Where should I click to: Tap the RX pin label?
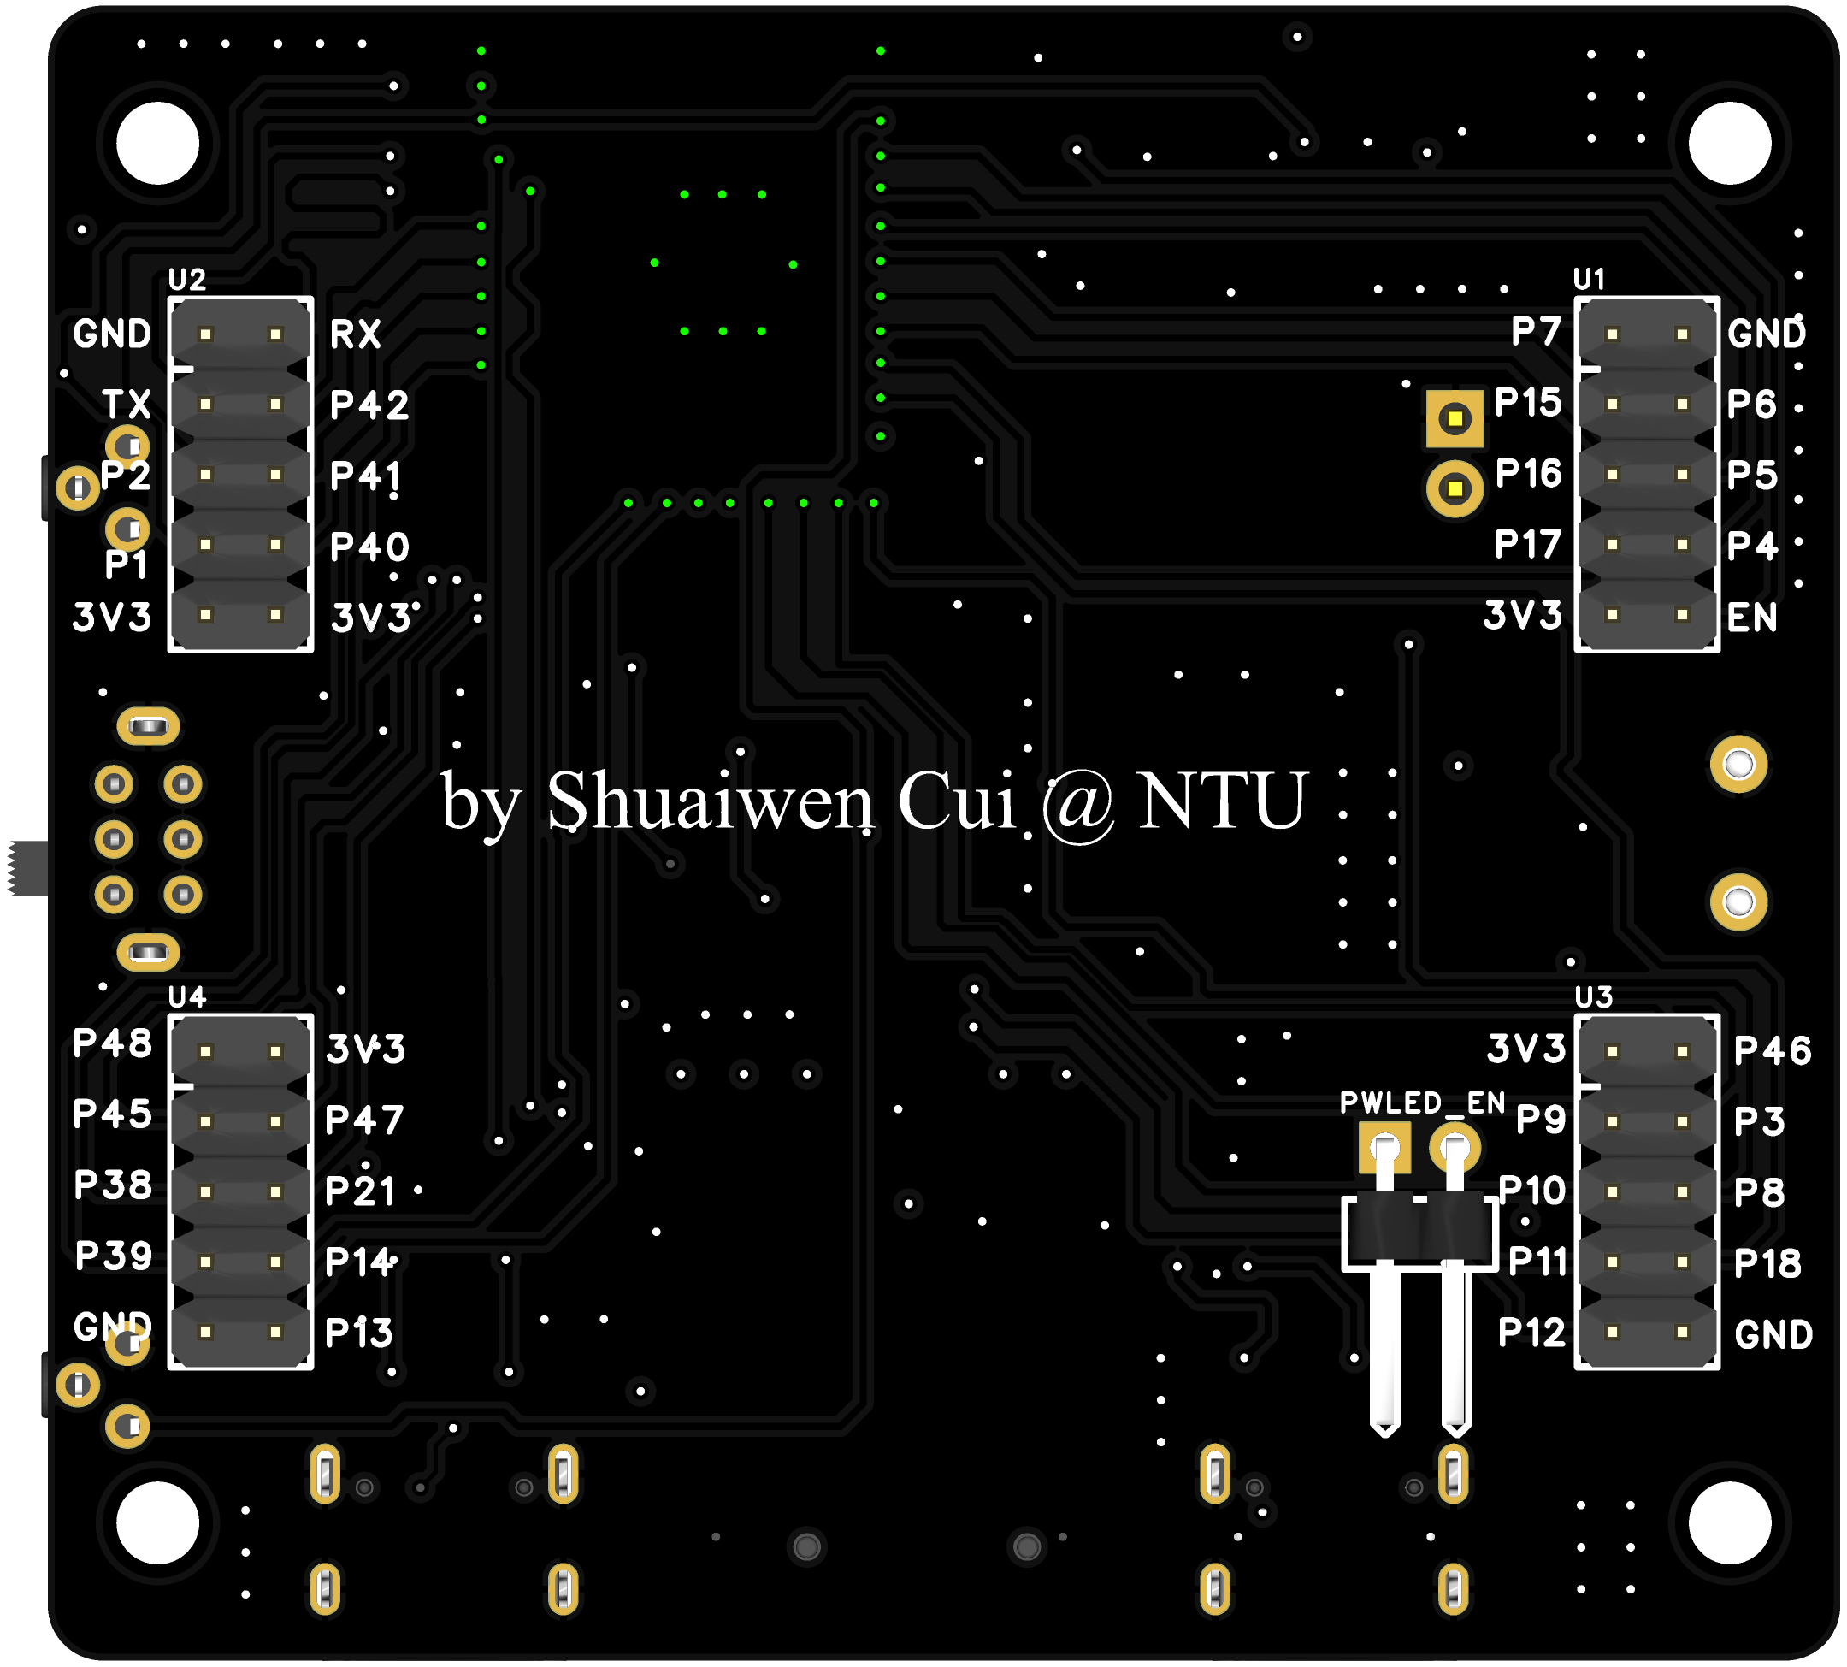click(x=356, y=334)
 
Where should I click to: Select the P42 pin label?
click(x=369, y=405)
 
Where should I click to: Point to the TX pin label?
click(x=127, y=404)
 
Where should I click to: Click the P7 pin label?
click(x=1536, y=332)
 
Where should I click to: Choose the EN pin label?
click(x=1752, y=618)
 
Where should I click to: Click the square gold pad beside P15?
click(x=1455, y=419)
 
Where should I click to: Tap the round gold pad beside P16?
click(x=1455, y=488)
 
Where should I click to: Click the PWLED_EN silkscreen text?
click(x=1422, y=1102)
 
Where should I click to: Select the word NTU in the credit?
click(x=1222, y=801)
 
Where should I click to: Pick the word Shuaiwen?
click(x=710, y=801)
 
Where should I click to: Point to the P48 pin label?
click(x=112, y=1043)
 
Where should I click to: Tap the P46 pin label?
click(x=1773, y=1050)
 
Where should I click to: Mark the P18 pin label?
click(x=1767, y=1264)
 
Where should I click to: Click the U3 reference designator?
click(x=1593, y=996)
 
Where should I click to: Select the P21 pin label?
click(x=360, y=1191)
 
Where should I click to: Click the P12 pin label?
click(x=1531, y=1333)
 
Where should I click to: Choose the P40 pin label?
click(x=369, y=547)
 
